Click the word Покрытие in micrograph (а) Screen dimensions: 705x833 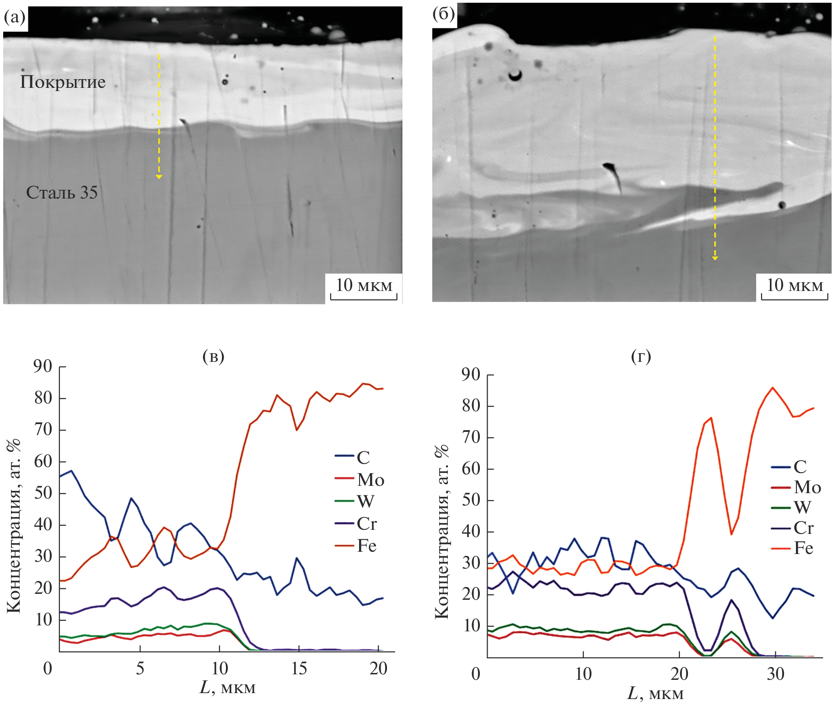click(x=63, y=82)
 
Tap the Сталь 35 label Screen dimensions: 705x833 click(x=62, y=193)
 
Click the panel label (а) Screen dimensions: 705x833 click(x=15, y=17)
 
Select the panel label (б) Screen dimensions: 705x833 click(x=443, y=14)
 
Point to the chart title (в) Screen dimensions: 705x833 click(x=213, y=356)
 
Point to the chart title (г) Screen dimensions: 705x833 click(x=641, y=356)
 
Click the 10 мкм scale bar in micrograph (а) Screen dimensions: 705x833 click(x=364, y=288)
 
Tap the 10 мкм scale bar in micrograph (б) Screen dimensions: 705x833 click(x=795, y=288)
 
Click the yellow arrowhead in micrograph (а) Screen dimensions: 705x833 click(x=159, y=177)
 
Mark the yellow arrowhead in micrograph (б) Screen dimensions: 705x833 click(x=715, y=258)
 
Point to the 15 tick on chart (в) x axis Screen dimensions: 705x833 click(x=299, y=669)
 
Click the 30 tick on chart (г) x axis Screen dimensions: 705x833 click(x=775, y=674)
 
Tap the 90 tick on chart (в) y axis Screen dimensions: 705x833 click(x=43, y=366)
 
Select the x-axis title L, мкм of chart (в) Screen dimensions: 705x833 click(x=227, y=688)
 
